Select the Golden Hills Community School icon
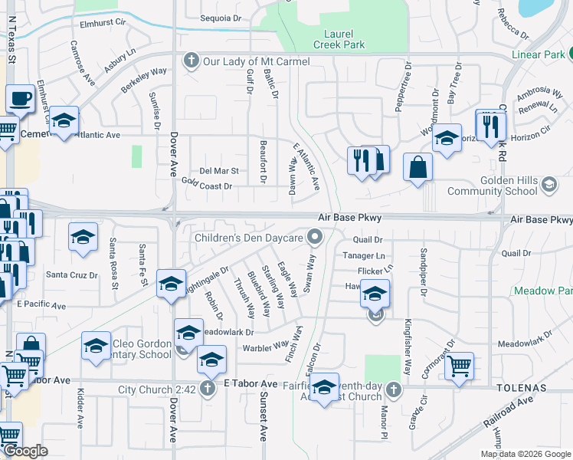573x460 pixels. [549, 184]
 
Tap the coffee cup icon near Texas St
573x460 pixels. [20, 99]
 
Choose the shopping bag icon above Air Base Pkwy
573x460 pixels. [417, 167]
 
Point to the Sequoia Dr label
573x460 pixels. [220, 18]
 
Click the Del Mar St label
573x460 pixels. [219, 171]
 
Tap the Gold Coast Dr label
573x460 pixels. [206, 185]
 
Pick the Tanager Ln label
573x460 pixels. [363, 255]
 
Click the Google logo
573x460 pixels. [26, 451]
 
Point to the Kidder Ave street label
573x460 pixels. [80, 412]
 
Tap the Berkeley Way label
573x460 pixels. [143, 81]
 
